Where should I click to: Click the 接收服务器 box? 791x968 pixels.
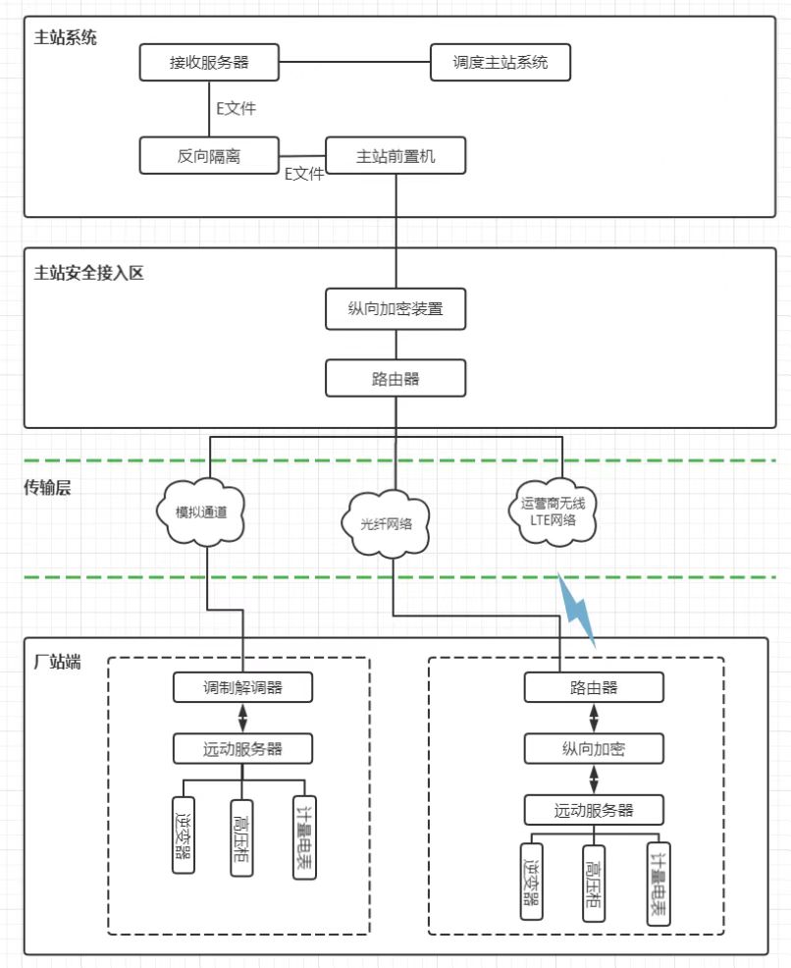pos(209,62)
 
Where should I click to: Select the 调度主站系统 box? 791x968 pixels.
pos(501,62)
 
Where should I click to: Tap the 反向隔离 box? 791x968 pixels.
pos(209,155)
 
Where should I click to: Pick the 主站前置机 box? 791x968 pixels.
pos(395,155)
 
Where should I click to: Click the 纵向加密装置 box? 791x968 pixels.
pos(395,309)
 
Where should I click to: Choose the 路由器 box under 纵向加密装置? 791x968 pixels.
pos(395,378)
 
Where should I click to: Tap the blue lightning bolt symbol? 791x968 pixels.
pos(579,609)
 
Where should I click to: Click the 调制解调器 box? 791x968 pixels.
pos(242,687)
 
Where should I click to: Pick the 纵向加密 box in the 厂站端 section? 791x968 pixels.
pos(594,750)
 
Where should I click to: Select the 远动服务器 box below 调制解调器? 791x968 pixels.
pos(242,748)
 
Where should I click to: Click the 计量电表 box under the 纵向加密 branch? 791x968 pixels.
pos(658,883)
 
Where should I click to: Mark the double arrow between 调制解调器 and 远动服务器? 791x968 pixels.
pos(242,718)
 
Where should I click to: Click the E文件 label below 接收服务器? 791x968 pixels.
pos(237,108)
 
